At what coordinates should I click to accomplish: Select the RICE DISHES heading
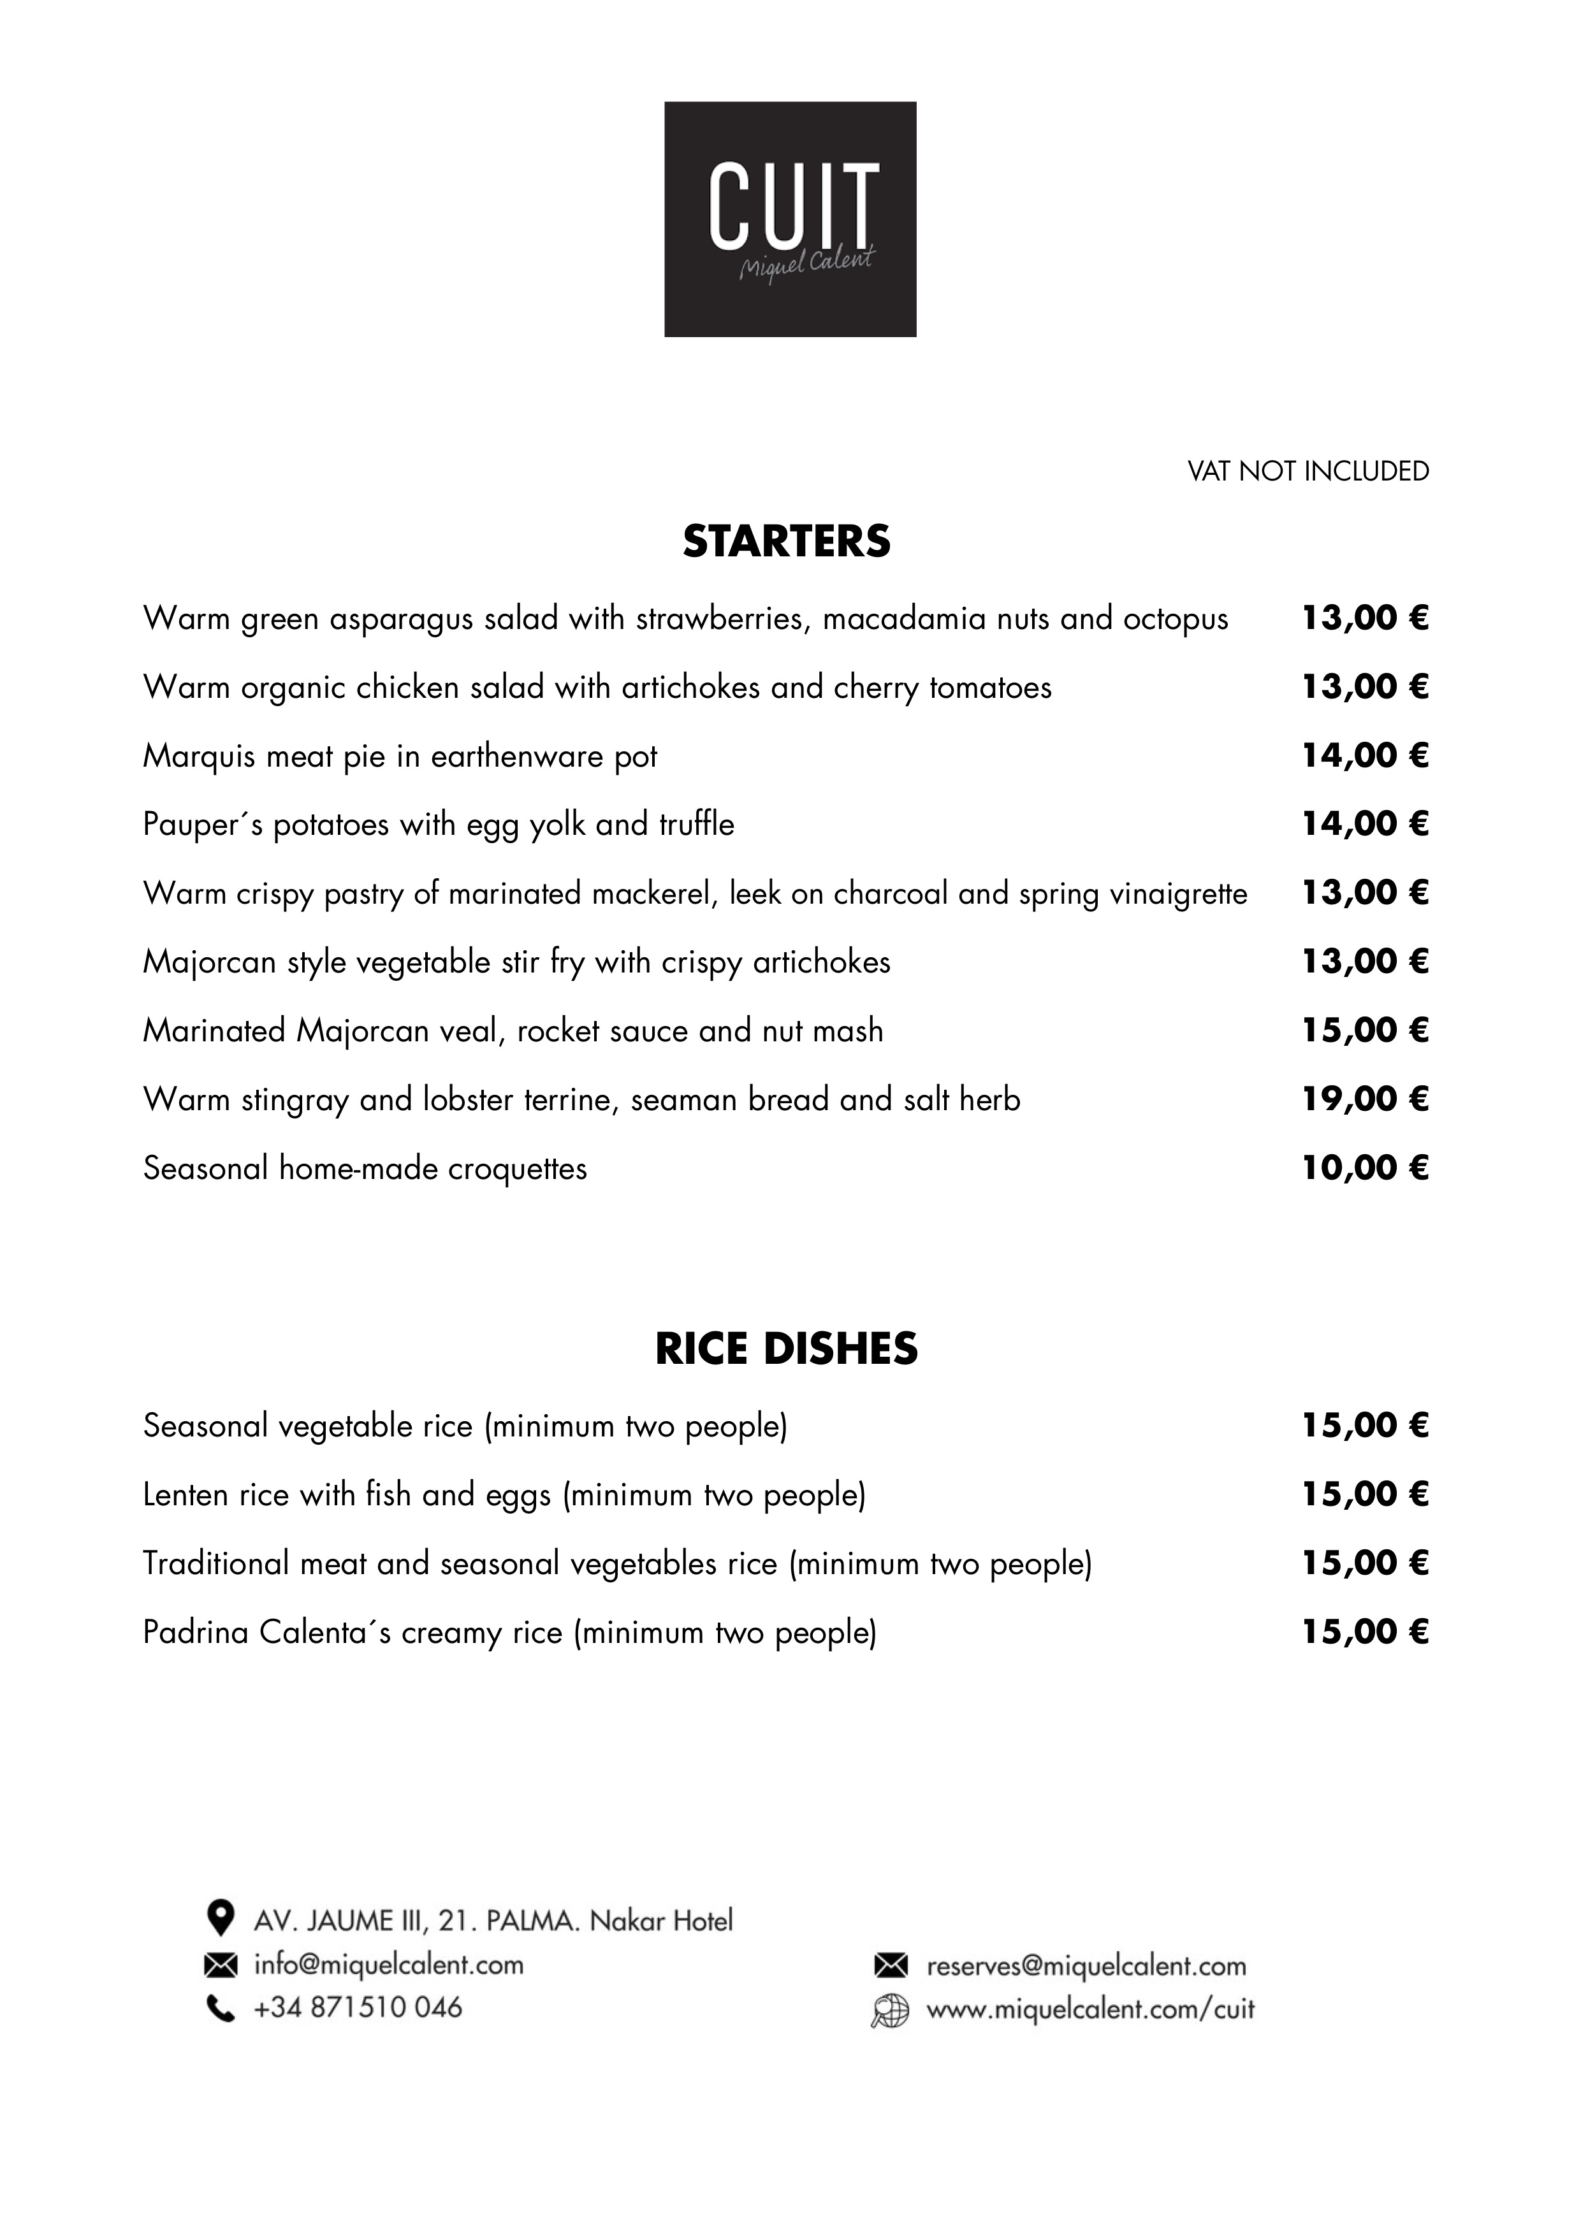pos(787,1349)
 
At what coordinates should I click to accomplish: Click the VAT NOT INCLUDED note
pos(1308,471)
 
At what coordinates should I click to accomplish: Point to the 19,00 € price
pos(1365,1099)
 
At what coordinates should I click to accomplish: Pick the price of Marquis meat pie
pos(1365,755)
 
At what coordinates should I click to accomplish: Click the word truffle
pos(696,825)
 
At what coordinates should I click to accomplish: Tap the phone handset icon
pos(221,2008)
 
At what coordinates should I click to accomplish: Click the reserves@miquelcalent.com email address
pos(1086,1966)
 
